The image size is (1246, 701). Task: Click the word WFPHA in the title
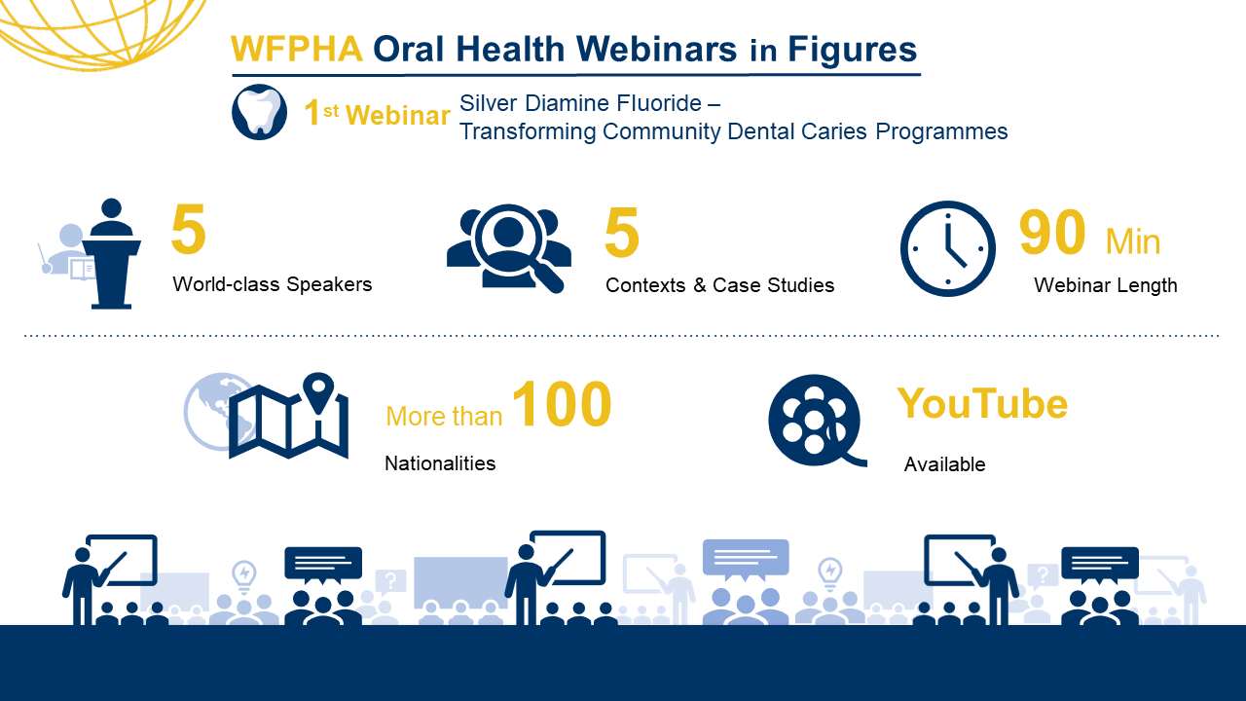coord(297,49)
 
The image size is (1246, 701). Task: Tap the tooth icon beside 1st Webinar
coord(259,112)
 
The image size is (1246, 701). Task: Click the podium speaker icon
coord(91,254)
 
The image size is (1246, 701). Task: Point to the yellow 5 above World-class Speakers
coord(189,229)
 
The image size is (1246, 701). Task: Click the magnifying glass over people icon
coord(508,248)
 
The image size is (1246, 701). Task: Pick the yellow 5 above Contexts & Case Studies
coord(622,232)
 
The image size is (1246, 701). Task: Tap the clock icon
coord(948,248)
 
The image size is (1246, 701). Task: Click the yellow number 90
coord(1052,232)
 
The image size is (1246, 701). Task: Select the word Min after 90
coord(1132,242)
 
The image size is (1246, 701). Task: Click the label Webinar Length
coord(1105,285)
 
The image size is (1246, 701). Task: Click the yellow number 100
coord(562,404)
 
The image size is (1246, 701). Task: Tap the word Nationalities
coord(440,463)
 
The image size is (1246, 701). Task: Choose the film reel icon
coord(816,420)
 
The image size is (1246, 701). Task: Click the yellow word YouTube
coord(982,403)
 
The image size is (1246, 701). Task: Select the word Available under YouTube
coord(944,464)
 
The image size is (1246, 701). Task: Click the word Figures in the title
coord(852,50)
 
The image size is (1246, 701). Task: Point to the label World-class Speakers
coord(272,284)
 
